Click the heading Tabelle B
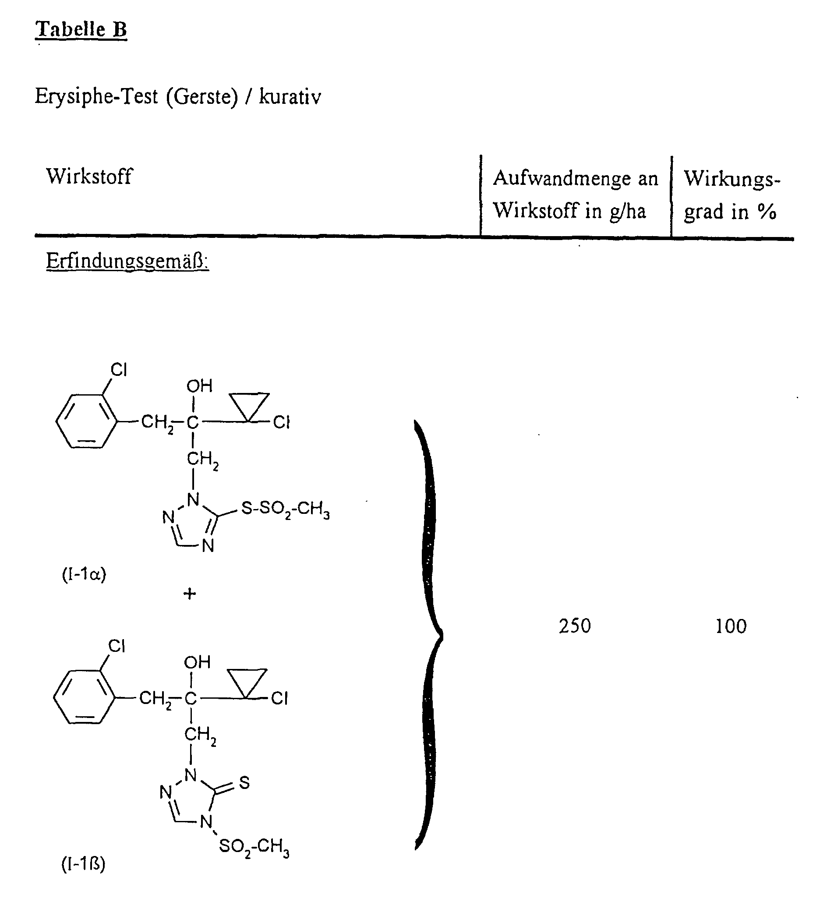click(81, 29)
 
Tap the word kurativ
click(290, 97)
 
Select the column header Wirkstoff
click(89, 176)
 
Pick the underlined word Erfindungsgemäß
click(127, 261)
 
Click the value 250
click(575, 626)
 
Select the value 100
click(731, 626)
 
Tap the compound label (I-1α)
click(84, 575)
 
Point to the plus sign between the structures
click(190, 594)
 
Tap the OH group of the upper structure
click(199, 386)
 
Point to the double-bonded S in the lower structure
click(244, 782)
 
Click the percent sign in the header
click(767, 211)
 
